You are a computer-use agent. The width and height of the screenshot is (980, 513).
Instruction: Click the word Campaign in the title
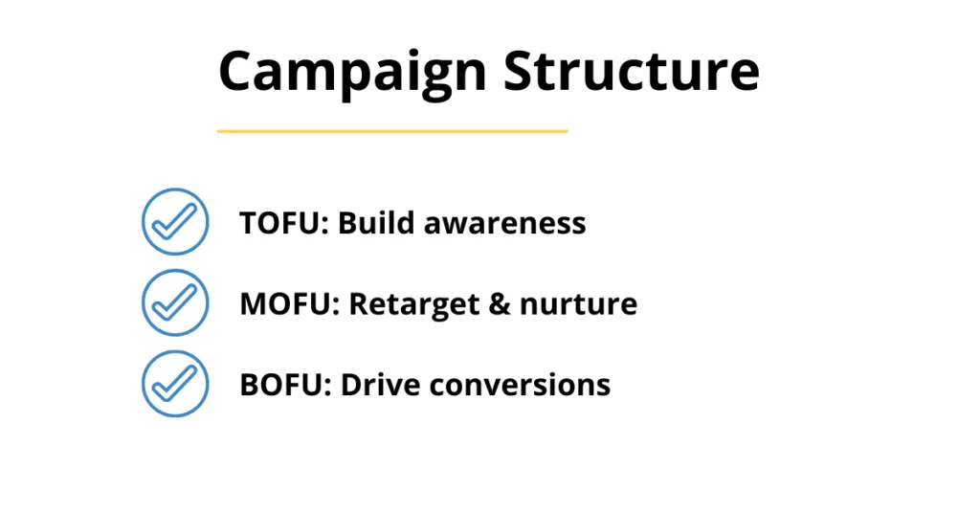coord(352,74)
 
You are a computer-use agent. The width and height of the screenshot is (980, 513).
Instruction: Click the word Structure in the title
coord(632,70)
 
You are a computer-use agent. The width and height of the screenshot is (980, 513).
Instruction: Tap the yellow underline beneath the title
coord(392,131)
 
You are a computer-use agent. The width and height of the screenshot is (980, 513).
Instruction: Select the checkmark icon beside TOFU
coord(175,222)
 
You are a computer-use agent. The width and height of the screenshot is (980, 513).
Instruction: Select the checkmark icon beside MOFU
coord(175,303)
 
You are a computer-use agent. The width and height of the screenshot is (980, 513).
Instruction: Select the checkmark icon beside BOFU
coord(175,384)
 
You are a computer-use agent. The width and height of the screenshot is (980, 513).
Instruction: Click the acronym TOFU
coord(279,223)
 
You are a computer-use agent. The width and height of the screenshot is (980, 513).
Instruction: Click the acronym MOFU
coord(284,303)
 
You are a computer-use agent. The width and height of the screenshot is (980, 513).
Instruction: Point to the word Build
coord(375,222)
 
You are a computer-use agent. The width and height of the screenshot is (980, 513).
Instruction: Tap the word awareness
coord(505,224)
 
